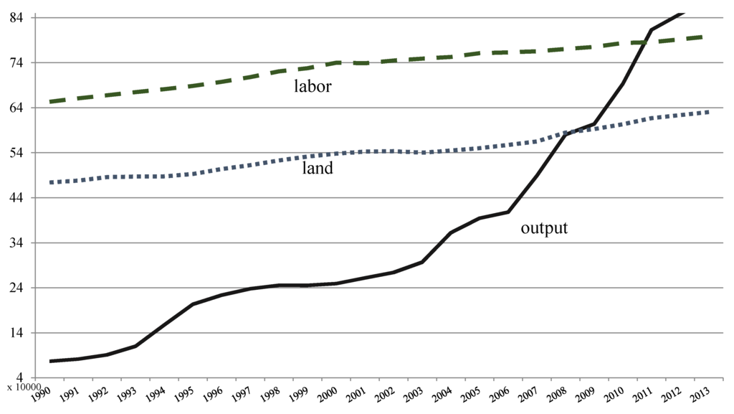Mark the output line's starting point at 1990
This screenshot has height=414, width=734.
tap(50, 361)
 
